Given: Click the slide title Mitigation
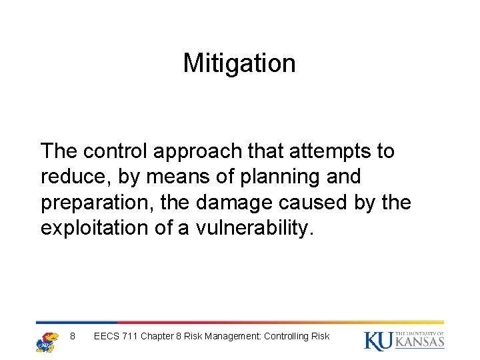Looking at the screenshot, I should coord(239,63).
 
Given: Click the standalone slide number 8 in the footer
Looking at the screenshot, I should coord(73,336).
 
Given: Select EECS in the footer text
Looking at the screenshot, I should coord(107,336).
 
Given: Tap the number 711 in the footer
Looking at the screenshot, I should coord(130,336).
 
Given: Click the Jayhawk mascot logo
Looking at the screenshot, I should coord(47,341).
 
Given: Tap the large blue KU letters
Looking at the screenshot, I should coord(377,340).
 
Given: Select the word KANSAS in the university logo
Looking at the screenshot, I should coord(419,343).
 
